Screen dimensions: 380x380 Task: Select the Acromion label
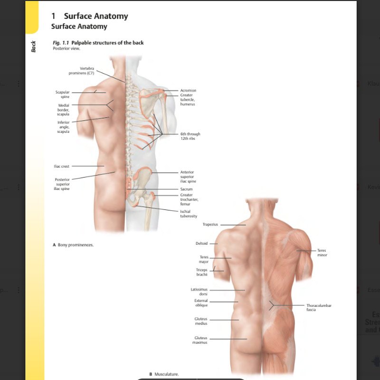pyautogui.click(x=188, y=90)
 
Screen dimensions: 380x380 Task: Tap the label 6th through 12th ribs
pyautogui.click(x=190, y=136)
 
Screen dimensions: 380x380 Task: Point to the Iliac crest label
pyautogui.click(x=61, y=166)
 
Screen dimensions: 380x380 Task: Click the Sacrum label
pyautogui.click(x=187, y=189)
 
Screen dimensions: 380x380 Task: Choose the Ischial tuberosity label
pyautogui.click(x=189, y=213)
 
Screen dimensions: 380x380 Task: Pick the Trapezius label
pyautogui.click(x=210, y=224)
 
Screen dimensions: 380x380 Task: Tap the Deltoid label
pyautogui.click(x=201, y=243)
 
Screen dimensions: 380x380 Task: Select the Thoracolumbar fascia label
pyautogui.click(x=319, y=307)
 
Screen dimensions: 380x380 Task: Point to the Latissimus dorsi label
pyautogui.click(x=199, y=291)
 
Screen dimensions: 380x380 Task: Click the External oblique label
pyautogui.click(x=201, y=303)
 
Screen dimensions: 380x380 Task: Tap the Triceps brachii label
pyautogui.click(x=202, y=272)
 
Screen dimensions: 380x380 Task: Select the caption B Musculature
pyautogui.click(x=164, y=374)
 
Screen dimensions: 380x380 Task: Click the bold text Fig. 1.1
pyautogui.click(x=61, y=43)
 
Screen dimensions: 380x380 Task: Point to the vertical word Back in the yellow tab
pyautogui.click(x=33, y=47)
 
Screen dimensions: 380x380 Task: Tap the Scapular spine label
pyautogui.click(x=63, y=94)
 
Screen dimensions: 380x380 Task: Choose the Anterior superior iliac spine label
pyautogui.click(x=188, y=177)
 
